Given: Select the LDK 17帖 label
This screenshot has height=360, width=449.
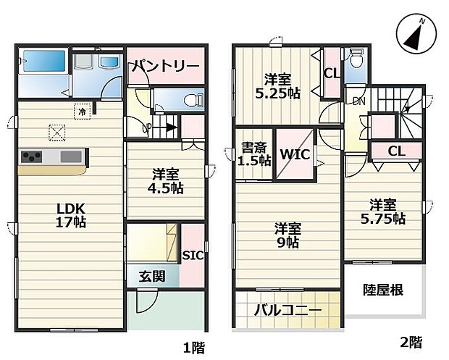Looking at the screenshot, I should pos(72,215).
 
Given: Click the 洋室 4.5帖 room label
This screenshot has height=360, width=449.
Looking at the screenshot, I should pos(167,181).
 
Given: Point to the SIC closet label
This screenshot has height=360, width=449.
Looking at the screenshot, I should pos(192,255).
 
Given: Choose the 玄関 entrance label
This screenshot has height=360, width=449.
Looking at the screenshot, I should pos(152,276).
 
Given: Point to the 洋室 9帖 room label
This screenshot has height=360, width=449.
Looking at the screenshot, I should pos(289,235).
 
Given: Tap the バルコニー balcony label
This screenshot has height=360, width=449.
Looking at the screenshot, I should pos(288,311).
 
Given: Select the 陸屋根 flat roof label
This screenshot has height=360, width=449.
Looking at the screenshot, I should pos(383,290).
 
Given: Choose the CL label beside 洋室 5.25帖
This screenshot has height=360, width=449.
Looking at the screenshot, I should pos(332,73).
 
